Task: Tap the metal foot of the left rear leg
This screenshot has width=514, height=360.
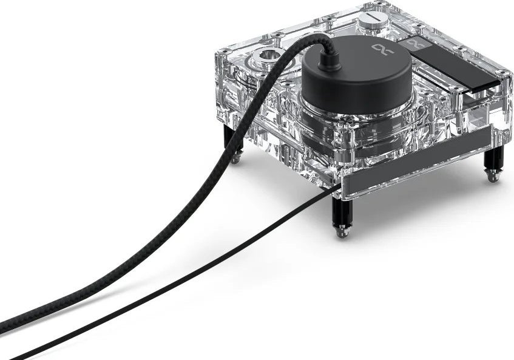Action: point(234,159)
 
